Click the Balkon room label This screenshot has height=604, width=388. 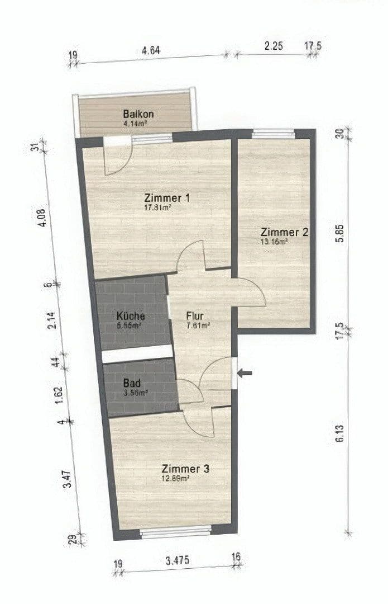(x=138, y=114)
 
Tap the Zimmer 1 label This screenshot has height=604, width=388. (x=167, y=198)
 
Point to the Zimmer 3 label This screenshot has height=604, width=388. (x=185, y=469)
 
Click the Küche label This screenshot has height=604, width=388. (x=131, y=316)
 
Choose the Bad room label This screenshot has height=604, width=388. (x=132, y=384)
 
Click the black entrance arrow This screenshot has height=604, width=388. (x=245, y=372)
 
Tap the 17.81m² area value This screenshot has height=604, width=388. (x=157, y=207)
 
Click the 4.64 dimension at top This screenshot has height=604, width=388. (x=151, y=50)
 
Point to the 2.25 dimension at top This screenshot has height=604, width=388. (x=274, y=46)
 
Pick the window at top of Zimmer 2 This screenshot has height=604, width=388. (x=273, y=133)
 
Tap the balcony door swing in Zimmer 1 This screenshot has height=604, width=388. (x=118, y=158)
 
